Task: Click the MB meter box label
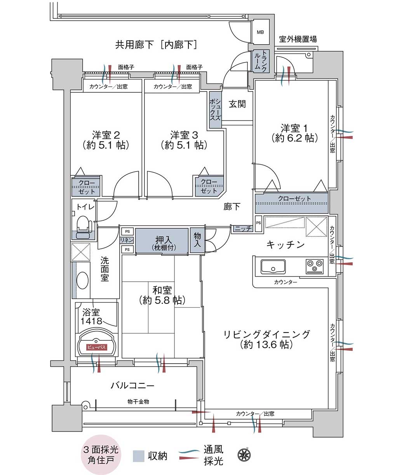(260, 32)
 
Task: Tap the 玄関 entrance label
(237, 104)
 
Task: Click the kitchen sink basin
(273, 267)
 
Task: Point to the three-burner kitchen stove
(314, 267)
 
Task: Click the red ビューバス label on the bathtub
(96, 347)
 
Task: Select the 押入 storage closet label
(164, 240)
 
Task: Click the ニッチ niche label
(243, 229)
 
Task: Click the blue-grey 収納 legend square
(138, 456)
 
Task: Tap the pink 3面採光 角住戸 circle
(101, 454)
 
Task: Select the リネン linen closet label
(127, 240)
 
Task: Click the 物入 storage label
(197, 240)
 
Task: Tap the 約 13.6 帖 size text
(266, 345)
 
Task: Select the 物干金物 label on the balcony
(138, 402)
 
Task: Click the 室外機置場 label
(298, 39)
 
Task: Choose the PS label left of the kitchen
(259, 223)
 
